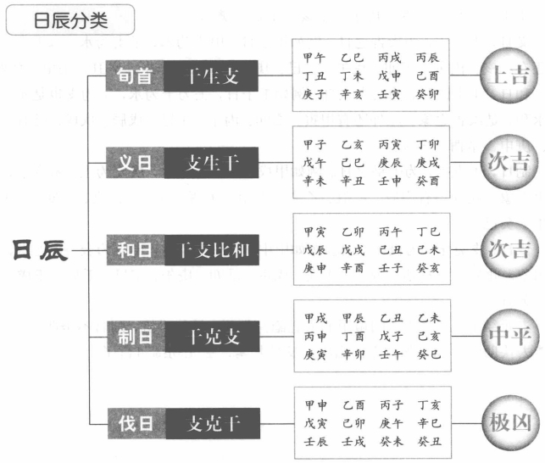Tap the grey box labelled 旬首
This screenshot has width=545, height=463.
[x=135, y=76]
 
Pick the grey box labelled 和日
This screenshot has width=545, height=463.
[x=135, y=250]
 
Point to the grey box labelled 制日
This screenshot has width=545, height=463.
[x=135, y=337]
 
